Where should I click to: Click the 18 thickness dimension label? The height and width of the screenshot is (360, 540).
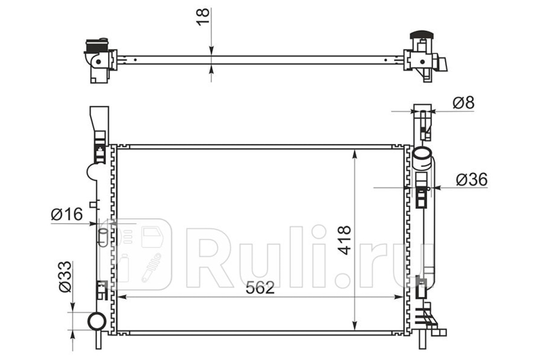click(x=203, y=17)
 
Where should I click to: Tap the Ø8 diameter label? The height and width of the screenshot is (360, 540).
click(x=463, y=103)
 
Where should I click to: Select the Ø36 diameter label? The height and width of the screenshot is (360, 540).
click(x=472, y=180)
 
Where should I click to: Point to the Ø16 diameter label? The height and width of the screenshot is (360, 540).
click(x=67, y=214)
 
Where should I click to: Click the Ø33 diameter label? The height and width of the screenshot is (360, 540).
click(x=66, y=276)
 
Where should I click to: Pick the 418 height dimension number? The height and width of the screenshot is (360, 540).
click(x=344, y=240)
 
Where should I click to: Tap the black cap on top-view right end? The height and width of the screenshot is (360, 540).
click(x=422, y=35)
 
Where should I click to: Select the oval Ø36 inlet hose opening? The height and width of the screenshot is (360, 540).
click(x=421, y=153)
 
